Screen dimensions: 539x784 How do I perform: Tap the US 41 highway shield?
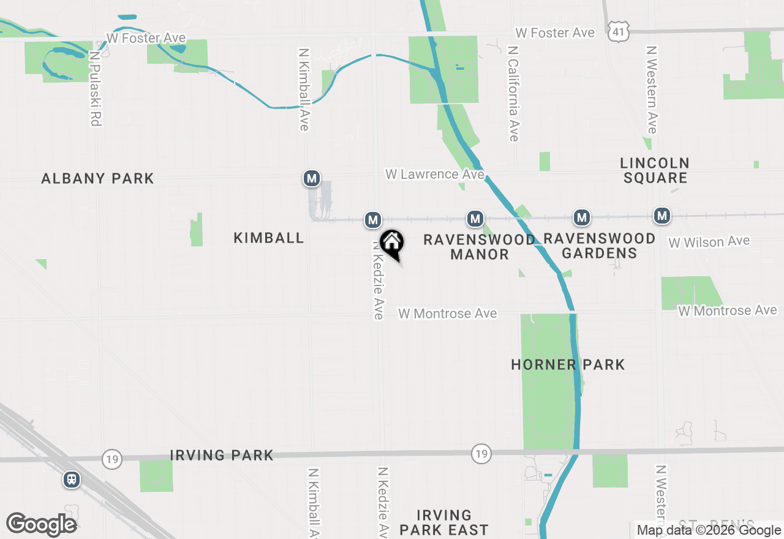click(x=617, y=32)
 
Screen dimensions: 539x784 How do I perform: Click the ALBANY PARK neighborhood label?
click(x=97, y=178)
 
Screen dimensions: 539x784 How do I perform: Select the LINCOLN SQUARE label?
click(x=655, y=170)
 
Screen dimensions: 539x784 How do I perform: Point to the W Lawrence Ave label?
click(x=434, y=175)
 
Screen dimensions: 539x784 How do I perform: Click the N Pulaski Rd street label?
click(x=95, y=88)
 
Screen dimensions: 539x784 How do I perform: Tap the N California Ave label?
click(x=513, y=93)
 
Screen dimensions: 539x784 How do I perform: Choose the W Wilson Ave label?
click(x=709, y=242)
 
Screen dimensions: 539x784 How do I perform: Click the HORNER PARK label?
click(x=568, y=364)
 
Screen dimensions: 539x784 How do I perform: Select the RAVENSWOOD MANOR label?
click(x=479, y=247)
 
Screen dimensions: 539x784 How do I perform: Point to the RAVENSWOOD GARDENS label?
click(x=599, y=246)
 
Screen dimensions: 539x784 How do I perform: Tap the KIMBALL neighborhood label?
click(x=268, y=238)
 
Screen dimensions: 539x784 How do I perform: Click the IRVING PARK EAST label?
click(x=443, y=522)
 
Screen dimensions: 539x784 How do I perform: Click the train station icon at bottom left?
click(x=72, y=479)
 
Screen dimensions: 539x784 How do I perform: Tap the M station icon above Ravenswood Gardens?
click(x=582, y=217)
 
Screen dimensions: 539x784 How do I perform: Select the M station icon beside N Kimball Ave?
click(x=312, y=179)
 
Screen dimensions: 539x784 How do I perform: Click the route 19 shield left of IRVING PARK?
click(x=112, y=459)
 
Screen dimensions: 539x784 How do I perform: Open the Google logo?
click(x=41, y=524)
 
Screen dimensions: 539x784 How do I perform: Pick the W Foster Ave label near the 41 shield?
click(x=555, y=32)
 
